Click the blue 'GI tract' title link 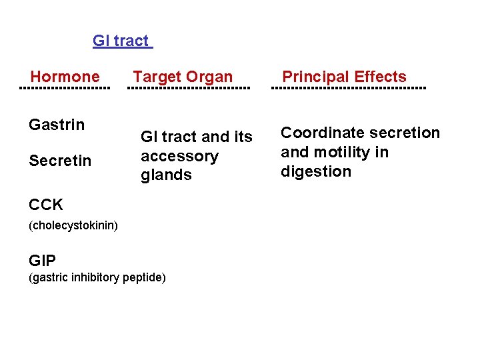pyautogui.click(x=121, y=41)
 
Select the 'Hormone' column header pyautogui.click(x=65, y=77)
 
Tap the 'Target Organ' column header pyautogui.click(x=183, y=77)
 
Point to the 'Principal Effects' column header pyautogui.click(x=344, y=77)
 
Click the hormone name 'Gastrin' pyautogui.click(x=57, y=125)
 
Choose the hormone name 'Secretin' pyautogui.click(x=60, y=161)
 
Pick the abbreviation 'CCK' pyautogui.click(x=46, y=205)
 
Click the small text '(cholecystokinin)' pyautogui.click(x=73, y=225)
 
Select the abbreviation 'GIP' pyautogui.click(x=43, y=260)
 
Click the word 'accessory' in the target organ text pyautogui.click(x=179, y=156)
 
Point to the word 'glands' pyautogui.click(x=166, y=175)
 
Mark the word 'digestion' pyautogui.click(x=315, y=171)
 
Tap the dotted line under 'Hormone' pyautogui.click(x=65, y=88)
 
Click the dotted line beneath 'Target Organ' pyautogui.click(x=189, y=88)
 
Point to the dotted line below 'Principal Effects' pyautogui.click(x=351, y=88)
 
